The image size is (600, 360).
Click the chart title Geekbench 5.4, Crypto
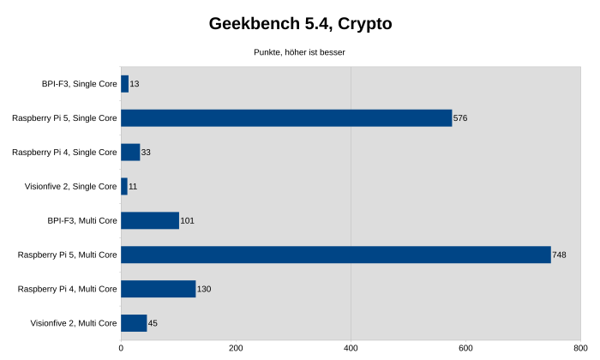point(300,24)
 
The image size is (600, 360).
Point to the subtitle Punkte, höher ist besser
point(299,52)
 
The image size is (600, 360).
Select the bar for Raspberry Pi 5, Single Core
point(286,118)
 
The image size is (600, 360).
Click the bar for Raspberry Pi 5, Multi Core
point(336,255)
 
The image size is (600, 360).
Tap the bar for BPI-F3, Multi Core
point(150,220)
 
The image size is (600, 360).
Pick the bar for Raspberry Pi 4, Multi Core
point(159,289)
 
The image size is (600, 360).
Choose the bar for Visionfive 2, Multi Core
point(134,323)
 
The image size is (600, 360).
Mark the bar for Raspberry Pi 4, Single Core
point(130,153)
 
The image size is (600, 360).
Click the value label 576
point(460,118)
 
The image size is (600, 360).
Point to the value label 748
point(559,255)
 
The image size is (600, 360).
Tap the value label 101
point(188,220)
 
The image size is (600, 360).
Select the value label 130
point(204,289)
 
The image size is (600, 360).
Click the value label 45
point(153,323)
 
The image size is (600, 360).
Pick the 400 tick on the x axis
point(351,348)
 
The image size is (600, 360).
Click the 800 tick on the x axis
point(580,348)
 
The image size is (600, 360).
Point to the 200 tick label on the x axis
point(236,348)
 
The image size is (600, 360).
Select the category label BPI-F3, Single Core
point(79,84)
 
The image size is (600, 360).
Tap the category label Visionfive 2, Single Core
point(72,186)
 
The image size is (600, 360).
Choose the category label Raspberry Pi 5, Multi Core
point(67,255)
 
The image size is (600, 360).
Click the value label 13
point(135,84)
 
